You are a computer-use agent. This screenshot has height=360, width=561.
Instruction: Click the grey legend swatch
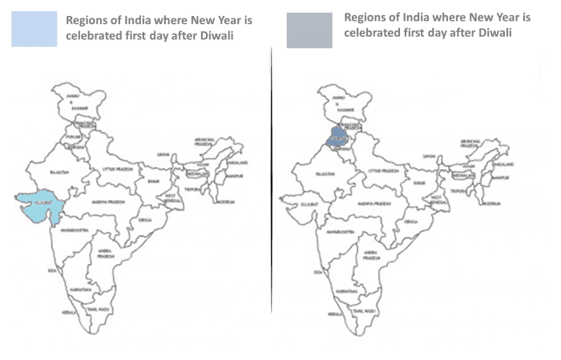pos(309,30)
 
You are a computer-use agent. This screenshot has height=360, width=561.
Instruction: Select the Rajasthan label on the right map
pos(325,172)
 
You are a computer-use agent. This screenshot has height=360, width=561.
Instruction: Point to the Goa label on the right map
pos(318,273)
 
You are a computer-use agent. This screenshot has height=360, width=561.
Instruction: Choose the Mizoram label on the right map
pos(490,204)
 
